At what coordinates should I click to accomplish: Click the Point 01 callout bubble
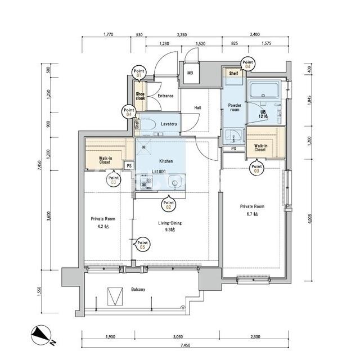coord(139,73)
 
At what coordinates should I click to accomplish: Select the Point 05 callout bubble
coord(142,244)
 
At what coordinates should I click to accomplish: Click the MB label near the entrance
coord(190,73)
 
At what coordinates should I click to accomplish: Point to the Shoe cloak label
coord(140,96)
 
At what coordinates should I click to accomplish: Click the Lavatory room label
coord(169,124)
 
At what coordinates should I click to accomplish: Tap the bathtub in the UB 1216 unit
coord(264,90)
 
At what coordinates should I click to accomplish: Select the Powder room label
coord(235,107)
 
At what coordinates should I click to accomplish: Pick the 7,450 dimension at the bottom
coord(185,345)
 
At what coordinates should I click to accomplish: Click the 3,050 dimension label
coord(178,337)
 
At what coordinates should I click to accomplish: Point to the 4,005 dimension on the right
coord(309,219)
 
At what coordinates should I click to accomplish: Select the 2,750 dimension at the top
coord(182,35)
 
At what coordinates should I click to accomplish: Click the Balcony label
coord(138,289)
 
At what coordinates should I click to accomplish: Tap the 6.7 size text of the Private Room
coord(252,214)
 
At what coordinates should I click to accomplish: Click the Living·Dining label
coord(170,223)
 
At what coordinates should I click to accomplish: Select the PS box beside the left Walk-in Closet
coord(129,165)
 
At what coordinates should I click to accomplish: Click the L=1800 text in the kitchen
coord(159,172)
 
